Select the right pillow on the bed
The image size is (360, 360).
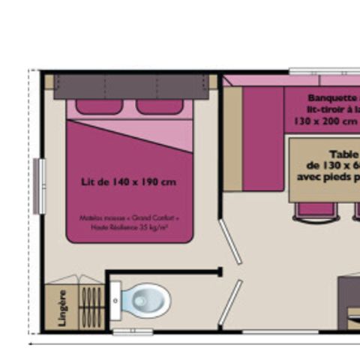pos(159,106)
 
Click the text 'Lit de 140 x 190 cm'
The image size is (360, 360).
pos(128,181)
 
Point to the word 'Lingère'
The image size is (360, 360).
pos(62,308)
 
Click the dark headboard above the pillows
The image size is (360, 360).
pos(130,85)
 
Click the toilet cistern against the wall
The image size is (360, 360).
pos(115,301)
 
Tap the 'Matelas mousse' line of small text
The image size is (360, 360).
pos(129,218)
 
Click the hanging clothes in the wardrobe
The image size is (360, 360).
pos(91,307)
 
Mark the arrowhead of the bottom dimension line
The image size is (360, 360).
pos(30,342)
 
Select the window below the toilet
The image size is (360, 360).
pos(133,331)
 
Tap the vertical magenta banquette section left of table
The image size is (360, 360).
pos(263,139)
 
